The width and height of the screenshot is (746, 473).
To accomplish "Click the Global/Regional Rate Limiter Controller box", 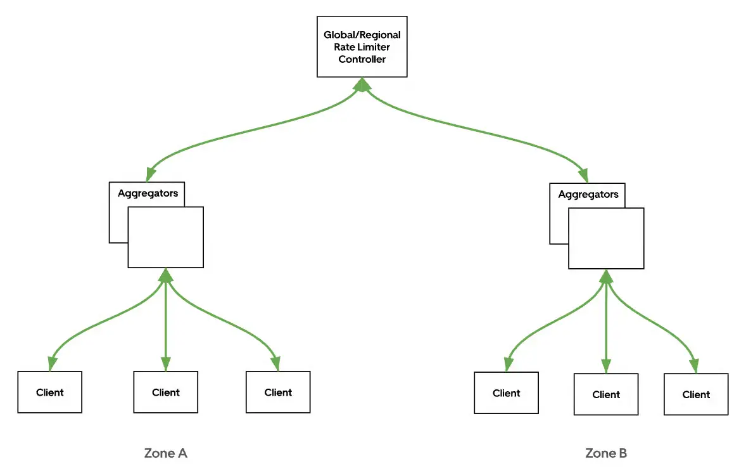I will pos(362,48).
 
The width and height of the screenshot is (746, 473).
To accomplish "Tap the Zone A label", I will pos(166,453).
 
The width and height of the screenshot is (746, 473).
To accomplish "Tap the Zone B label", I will pos(606,453).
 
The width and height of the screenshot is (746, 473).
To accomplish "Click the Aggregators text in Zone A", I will pos(148,193).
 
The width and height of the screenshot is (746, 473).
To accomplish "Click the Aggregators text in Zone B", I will pos(588,195).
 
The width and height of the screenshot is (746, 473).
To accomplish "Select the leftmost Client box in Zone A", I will pos(49,392).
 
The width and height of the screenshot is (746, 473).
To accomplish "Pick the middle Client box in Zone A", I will pos(166,392).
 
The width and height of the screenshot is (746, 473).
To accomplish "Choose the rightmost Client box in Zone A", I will pos(278,392).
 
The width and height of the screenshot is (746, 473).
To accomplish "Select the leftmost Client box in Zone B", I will pos(506,393).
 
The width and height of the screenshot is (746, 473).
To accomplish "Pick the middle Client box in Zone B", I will pos(606,394).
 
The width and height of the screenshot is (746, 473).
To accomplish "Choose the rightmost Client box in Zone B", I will pos(696,394).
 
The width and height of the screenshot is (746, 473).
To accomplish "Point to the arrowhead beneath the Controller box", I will pos(362,84).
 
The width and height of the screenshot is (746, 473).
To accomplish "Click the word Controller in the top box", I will pos(362,59).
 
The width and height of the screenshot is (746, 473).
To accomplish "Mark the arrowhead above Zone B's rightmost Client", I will pos(694,366).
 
